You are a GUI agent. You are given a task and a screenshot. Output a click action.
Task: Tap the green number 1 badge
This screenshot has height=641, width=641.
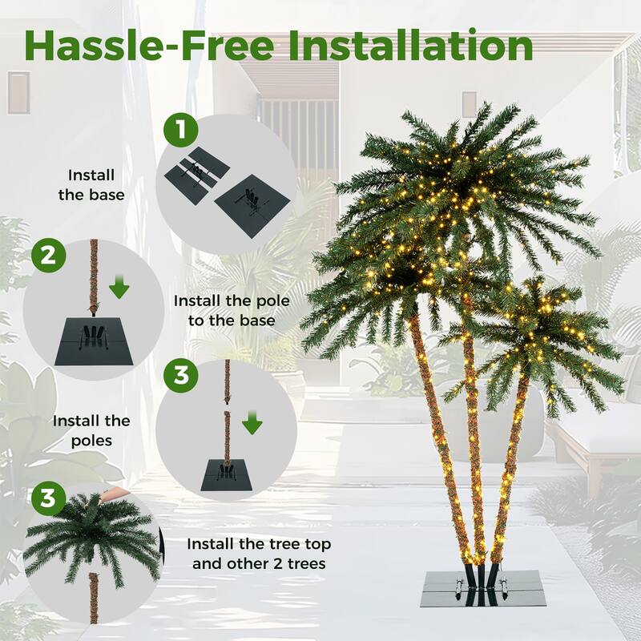(180, 131)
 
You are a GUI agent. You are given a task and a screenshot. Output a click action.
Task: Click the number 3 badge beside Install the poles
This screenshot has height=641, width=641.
(180, 376)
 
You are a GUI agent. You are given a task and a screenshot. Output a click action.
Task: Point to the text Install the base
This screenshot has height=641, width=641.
(91, 184)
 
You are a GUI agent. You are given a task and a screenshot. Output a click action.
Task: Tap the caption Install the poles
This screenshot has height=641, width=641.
(91, 430)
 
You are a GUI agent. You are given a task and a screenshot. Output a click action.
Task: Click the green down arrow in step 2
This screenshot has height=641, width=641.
(119, 287)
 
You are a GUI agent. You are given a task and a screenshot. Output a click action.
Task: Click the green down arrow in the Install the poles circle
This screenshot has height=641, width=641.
(252, 422)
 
